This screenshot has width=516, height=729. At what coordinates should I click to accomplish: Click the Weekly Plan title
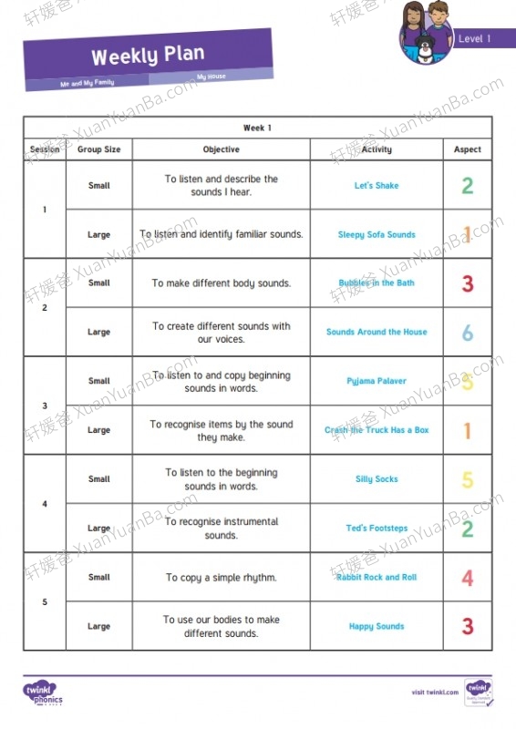click(x=148, y=56)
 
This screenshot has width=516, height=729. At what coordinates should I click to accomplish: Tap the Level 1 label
click(x=474, y=39)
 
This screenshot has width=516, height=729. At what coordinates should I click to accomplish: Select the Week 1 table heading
click(x=257, y=128)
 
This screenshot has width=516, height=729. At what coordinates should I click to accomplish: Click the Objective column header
click(x=221, y=149)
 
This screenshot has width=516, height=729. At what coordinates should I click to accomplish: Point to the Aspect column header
click(x=468, y=149)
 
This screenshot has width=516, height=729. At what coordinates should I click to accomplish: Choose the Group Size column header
click(x=98, y=149)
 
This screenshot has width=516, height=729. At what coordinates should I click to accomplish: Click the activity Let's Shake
click(x=377, y=186)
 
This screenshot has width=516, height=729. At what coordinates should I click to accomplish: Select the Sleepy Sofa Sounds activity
click(x=377, y=235)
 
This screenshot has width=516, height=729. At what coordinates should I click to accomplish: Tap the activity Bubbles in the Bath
click(x=377, y=283)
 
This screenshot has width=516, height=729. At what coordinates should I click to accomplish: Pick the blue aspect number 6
click(x=468, y=333)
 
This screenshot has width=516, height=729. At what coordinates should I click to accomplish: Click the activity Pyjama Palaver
click(x=377, y=381)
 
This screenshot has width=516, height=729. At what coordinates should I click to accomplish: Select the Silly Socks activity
click(x=377, y=479)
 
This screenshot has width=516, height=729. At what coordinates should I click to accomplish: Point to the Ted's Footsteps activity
click(x=377, y=529)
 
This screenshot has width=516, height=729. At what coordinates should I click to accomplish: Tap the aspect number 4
click(x=468, y=578)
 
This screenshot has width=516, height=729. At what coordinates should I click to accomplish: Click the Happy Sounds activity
click(x=377, y=627)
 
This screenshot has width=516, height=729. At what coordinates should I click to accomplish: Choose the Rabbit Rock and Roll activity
click(x=377, y=578)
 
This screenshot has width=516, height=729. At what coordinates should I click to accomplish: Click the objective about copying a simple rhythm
click(x=221, y=578)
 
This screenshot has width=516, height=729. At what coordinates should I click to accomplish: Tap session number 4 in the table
click(x=45, y=504)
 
